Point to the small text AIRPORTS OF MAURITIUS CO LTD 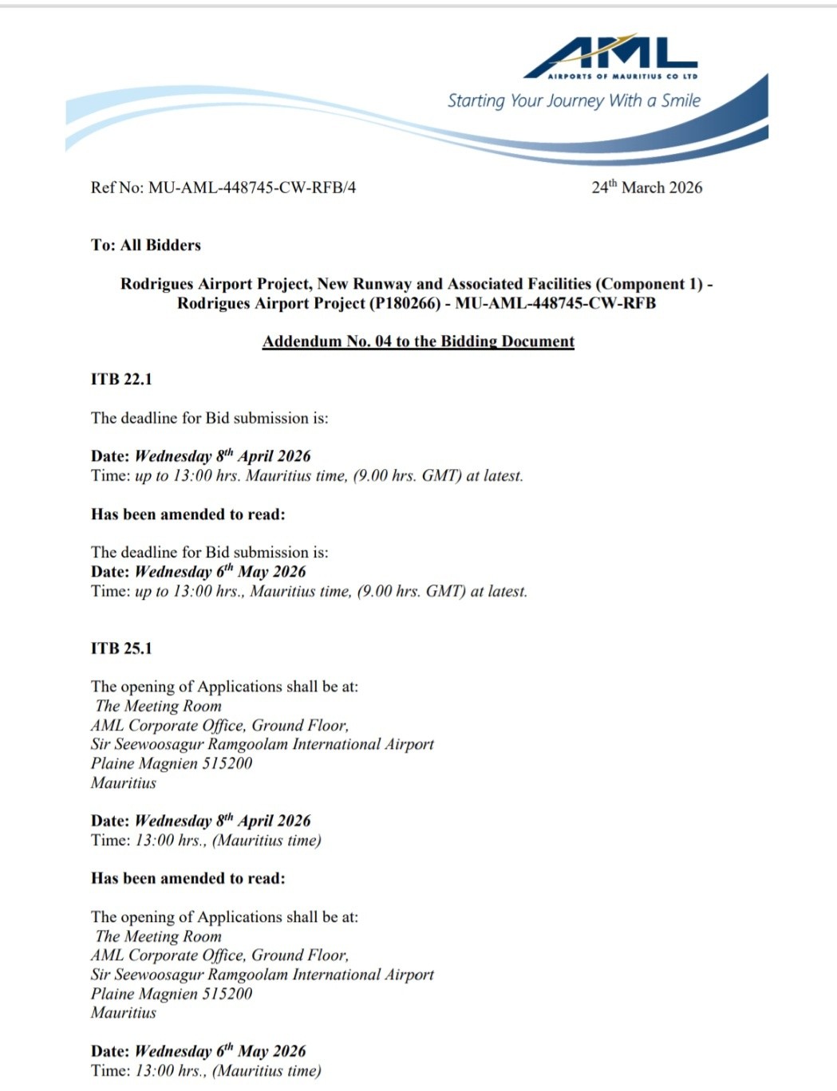pos(623,77)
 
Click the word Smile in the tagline pos(681,100)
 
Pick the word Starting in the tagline pos(476,101)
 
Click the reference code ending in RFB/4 pos(252,187)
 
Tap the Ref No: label pos(117,187)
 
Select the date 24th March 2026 pos(646,187)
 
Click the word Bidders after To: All pos(173,245)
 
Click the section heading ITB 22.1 pos(121,379)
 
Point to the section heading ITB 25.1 pos(121,648)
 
